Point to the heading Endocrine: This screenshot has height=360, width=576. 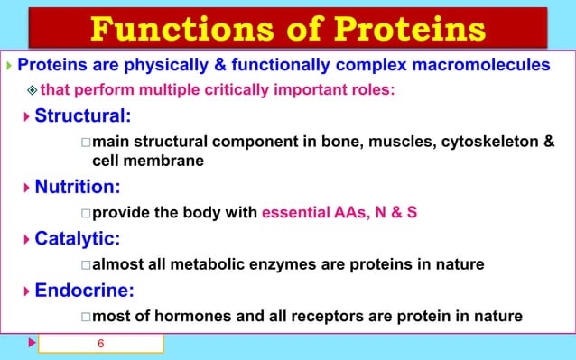click(x=85, y=291)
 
